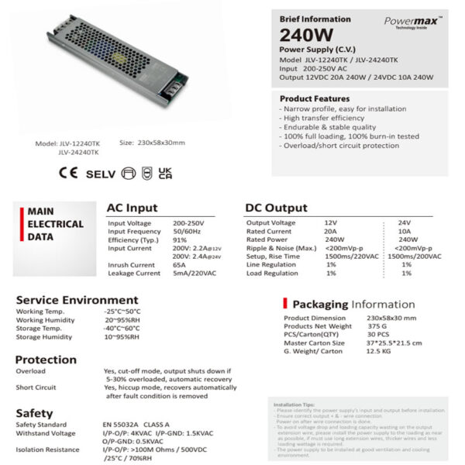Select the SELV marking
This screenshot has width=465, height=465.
tap(100, 172)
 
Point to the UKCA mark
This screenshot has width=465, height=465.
tap(165, 172)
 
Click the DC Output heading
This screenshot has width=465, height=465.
tap(277, 208)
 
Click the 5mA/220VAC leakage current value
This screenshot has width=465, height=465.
tap(195, 274)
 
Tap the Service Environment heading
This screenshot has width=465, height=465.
tap(77, 300)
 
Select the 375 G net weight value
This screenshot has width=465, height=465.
tap(377, 326)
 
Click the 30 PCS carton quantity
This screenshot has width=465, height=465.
tap(378, 335)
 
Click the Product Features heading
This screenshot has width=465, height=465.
tap(310, 99)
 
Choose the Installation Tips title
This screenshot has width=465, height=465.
tap(292, 405)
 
